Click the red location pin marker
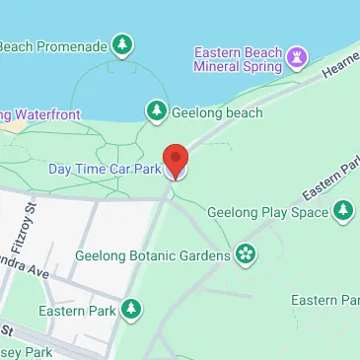coord(176,159)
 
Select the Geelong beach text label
coord(217,112)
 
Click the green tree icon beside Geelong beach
coord(155,110)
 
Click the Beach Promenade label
coord(51,45)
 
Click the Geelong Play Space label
coord(266,211)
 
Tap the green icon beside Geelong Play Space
coord(342,210)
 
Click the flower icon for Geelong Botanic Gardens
coord(245,255)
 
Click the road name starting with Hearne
coord(340,68)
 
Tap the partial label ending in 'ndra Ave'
coord(24,269)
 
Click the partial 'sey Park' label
coord(24,351)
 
